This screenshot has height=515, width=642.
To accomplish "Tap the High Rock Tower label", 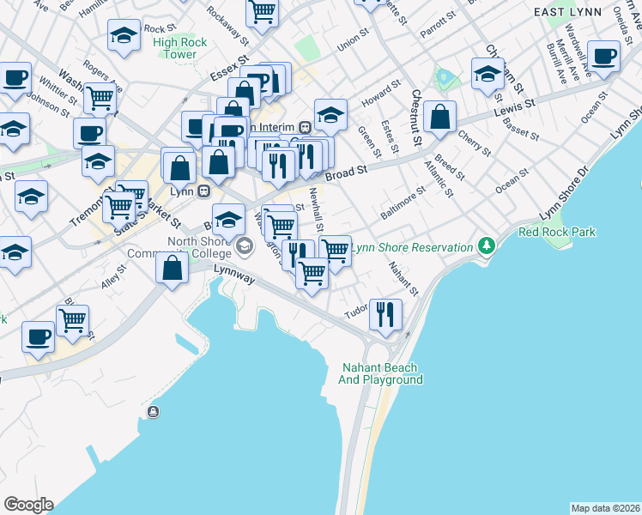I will [x=174, y=48].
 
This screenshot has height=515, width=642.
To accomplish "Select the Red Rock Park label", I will [x=557, y=232].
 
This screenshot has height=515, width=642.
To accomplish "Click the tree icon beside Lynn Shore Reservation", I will [x=488, y=246].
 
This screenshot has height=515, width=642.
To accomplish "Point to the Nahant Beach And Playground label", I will [x=381, y=373].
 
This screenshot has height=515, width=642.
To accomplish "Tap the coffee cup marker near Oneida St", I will [x=603, y=58].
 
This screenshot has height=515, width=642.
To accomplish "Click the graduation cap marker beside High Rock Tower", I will [x=124, y=36].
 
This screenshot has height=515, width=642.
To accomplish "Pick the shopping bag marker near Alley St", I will [x=173, y=268].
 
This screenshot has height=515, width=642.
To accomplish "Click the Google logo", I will [x=28, y=505].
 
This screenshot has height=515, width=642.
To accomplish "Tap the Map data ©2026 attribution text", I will [x=606, y=508].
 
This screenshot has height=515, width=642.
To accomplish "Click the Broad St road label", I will [x=346, y=173].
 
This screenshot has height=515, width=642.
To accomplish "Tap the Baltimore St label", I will [x=403, y=204].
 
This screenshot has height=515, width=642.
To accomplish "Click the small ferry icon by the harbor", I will [x=154, y=412].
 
